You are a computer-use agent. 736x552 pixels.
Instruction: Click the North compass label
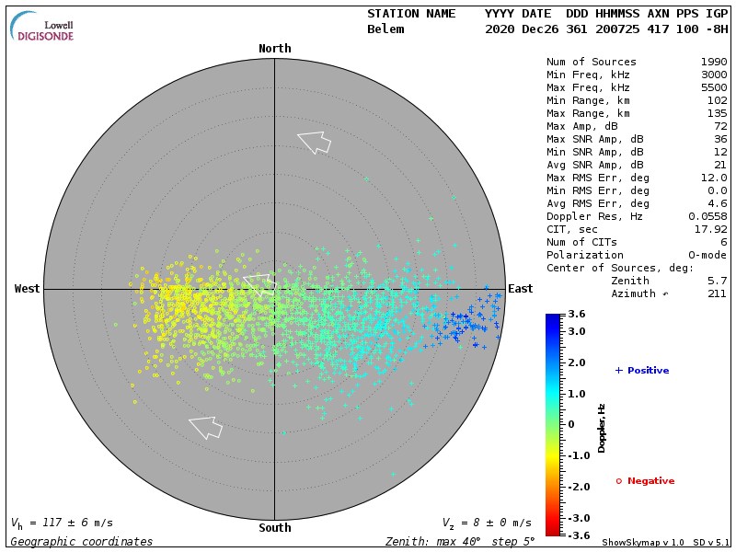coord(274,49)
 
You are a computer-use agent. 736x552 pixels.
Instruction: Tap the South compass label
coord(274,528)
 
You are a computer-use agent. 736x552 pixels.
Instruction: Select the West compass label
coord(28,289)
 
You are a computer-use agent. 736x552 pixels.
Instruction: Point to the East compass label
coord(521,289)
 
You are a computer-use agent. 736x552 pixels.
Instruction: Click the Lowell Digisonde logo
coord(43,28)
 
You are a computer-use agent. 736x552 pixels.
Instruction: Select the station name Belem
coord(385,29)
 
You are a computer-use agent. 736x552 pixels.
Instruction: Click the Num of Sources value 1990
coord(713,63)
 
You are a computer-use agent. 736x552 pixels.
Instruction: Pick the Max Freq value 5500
coord(713,88)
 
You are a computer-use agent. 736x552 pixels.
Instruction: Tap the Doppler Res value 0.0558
coord(707,216)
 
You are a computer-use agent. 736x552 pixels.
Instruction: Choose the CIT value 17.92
coord(709,229)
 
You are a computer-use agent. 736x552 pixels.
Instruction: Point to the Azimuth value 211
coord(717,293)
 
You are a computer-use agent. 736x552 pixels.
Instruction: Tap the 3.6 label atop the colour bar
coord(577,315)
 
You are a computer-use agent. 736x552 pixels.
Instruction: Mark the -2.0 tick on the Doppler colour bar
coord(577,487)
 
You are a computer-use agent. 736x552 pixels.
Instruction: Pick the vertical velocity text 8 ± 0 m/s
coord(493,523)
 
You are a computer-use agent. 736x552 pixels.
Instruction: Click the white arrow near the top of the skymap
coord(314,142)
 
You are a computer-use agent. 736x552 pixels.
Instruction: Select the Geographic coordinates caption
coord(82,542)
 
